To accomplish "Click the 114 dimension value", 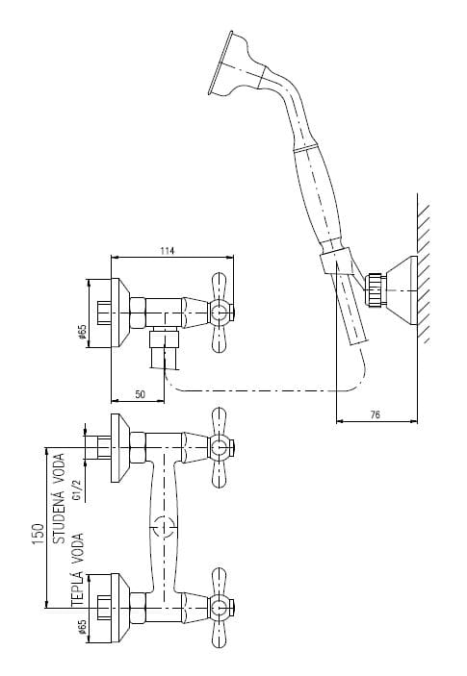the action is [x=167, y=251].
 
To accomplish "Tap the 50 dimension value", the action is [x=141, y=394].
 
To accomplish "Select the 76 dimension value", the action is [x=376, y=414].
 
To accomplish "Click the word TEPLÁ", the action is [x=78, y=588].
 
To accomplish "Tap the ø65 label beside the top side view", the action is [x=83, y=332].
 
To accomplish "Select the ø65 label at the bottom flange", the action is [x=83, y=627].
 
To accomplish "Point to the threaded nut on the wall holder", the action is [x=376, y=289].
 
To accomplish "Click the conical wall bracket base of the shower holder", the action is [x=401, y=290].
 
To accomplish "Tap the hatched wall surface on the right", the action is [x=424, y=268].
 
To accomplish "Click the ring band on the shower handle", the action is [x=306, y=148].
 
